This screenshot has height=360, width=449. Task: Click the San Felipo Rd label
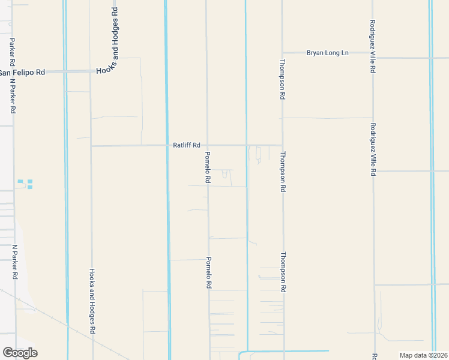[22, 73]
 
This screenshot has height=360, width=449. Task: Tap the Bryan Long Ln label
[327, 53]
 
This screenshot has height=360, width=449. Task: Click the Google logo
[20, 353]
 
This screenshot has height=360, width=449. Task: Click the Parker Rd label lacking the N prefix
[12, 52]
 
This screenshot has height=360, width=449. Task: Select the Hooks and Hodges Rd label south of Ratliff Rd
[92, 301]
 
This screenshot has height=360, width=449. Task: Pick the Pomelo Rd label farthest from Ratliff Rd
[208, 273]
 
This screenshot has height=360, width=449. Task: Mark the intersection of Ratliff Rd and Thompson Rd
[282, 145]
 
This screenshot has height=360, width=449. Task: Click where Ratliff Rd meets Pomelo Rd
[208, 145]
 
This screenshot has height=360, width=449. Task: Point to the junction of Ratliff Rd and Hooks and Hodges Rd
[91, 145]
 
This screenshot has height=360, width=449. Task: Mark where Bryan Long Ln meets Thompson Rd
[282, 53]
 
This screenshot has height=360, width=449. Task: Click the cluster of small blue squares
[25, 184]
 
